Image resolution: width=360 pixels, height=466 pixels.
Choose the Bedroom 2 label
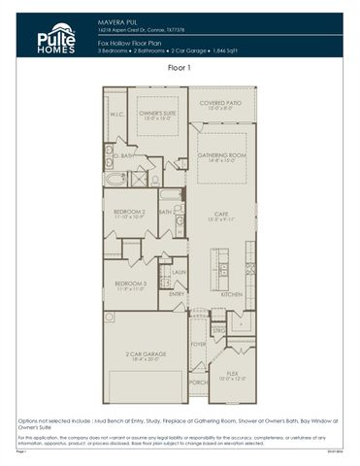[130, 211]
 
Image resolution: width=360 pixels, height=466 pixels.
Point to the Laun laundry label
[179, 273]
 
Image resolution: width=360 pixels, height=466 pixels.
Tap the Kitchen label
[231, 293]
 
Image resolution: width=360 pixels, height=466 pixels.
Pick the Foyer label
[198, 344]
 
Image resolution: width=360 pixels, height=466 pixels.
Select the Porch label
[198, 382]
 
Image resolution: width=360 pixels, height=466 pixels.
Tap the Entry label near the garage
[177, 293]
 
